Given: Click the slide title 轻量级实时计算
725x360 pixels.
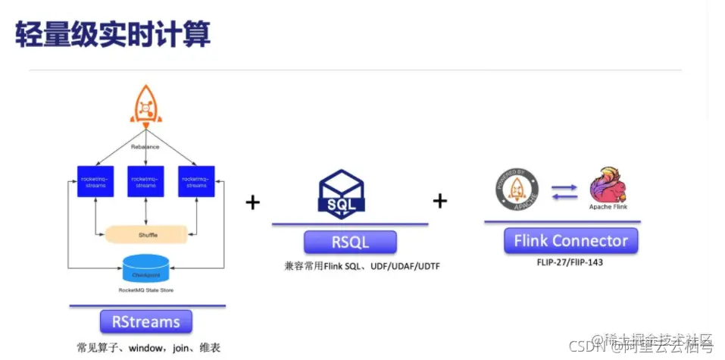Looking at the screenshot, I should click(x=113, y=35).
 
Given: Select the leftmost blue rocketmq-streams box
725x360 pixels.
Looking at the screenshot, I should click(x=95, y=183).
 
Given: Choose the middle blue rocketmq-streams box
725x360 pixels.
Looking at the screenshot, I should click(x=146, y=183).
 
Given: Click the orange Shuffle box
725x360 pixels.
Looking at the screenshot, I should click(x=148, y=235).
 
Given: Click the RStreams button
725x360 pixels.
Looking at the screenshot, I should click(x=146, y=321).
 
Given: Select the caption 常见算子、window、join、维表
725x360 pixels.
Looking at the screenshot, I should click(x=147, y=348).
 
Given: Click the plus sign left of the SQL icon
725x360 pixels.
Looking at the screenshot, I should click(x=252, y=202).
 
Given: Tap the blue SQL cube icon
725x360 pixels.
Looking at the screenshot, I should click(x=342, y=194).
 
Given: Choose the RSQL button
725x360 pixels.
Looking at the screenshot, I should click(x=350, y=242).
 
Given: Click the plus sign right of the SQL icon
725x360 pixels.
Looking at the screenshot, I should click(x=439, y=201).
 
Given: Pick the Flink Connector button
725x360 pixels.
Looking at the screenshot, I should click(x=570, y=242).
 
